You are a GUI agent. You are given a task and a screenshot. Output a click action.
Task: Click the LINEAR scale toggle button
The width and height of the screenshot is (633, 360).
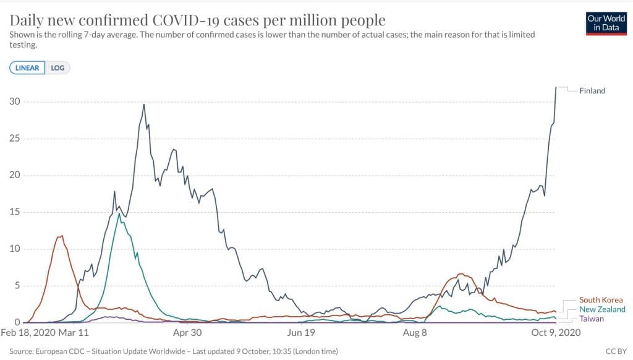tap(27, 67)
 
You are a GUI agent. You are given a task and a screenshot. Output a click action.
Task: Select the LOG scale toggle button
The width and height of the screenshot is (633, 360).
tap(57, 67)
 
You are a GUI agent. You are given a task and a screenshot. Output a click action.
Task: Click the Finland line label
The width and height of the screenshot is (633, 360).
tap(592, 91)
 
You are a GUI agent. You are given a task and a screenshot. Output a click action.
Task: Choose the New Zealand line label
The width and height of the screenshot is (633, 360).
tap(602, 309)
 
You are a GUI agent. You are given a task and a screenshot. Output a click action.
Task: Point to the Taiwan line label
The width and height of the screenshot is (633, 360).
tap(592, 319)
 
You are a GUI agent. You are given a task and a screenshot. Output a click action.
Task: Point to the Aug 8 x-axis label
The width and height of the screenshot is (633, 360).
tap(415, 333)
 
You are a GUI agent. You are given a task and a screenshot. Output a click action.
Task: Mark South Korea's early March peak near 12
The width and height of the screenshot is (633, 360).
tap(61, 236)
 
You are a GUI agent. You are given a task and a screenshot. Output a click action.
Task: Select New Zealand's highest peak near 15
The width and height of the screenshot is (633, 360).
tap(119, 213)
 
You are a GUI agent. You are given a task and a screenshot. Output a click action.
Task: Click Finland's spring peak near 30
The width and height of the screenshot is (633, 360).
tap(144, 104)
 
